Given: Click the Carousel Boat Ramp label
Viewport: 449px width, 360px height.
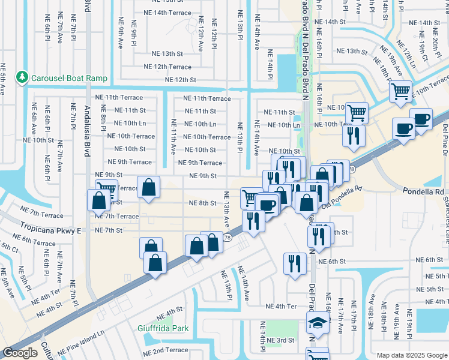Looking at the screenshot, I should (69, 78).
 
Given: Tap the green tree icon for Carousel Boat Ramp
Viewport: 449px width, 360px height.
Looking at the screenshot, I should (23, 77).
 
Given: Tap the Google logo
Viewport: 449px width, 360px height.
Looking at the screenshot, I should (20, 353).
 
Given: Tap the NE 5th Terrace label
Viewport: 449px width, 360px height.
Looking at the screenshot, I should (431, 275).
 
